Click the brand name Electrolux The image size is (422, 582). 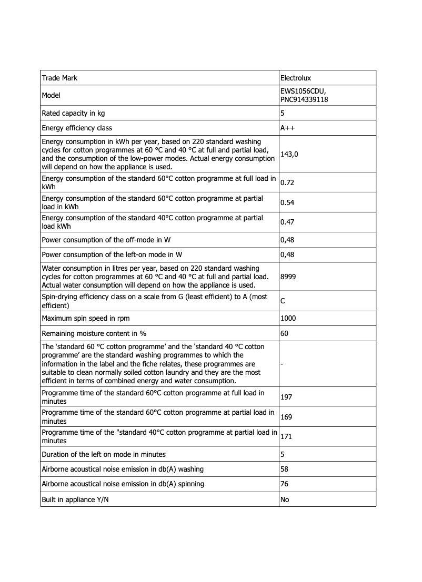click(296, 78)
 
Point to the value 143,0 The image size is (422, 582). click(289, 154)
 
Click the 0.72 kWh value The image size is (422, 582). click(287, 183)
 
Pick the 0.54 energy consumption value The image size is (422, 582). click(287, 202)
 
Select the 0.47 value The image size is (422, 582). click(287, 222)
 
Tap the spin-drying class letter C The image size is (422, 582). click(283, 301)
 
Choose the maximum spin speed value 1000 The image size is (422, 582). click(289, 319)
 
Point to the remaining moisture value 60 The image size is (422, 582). click(285, 333)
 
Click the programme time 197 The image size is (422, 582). click(287, 397)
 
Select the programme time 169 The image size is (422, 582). click(287, 417)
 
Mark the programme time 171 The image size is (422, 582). click(287, 437)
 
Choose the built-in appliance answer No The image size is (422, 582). click(285, 499)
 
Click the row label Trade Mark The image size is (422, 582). click(59, 78)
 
